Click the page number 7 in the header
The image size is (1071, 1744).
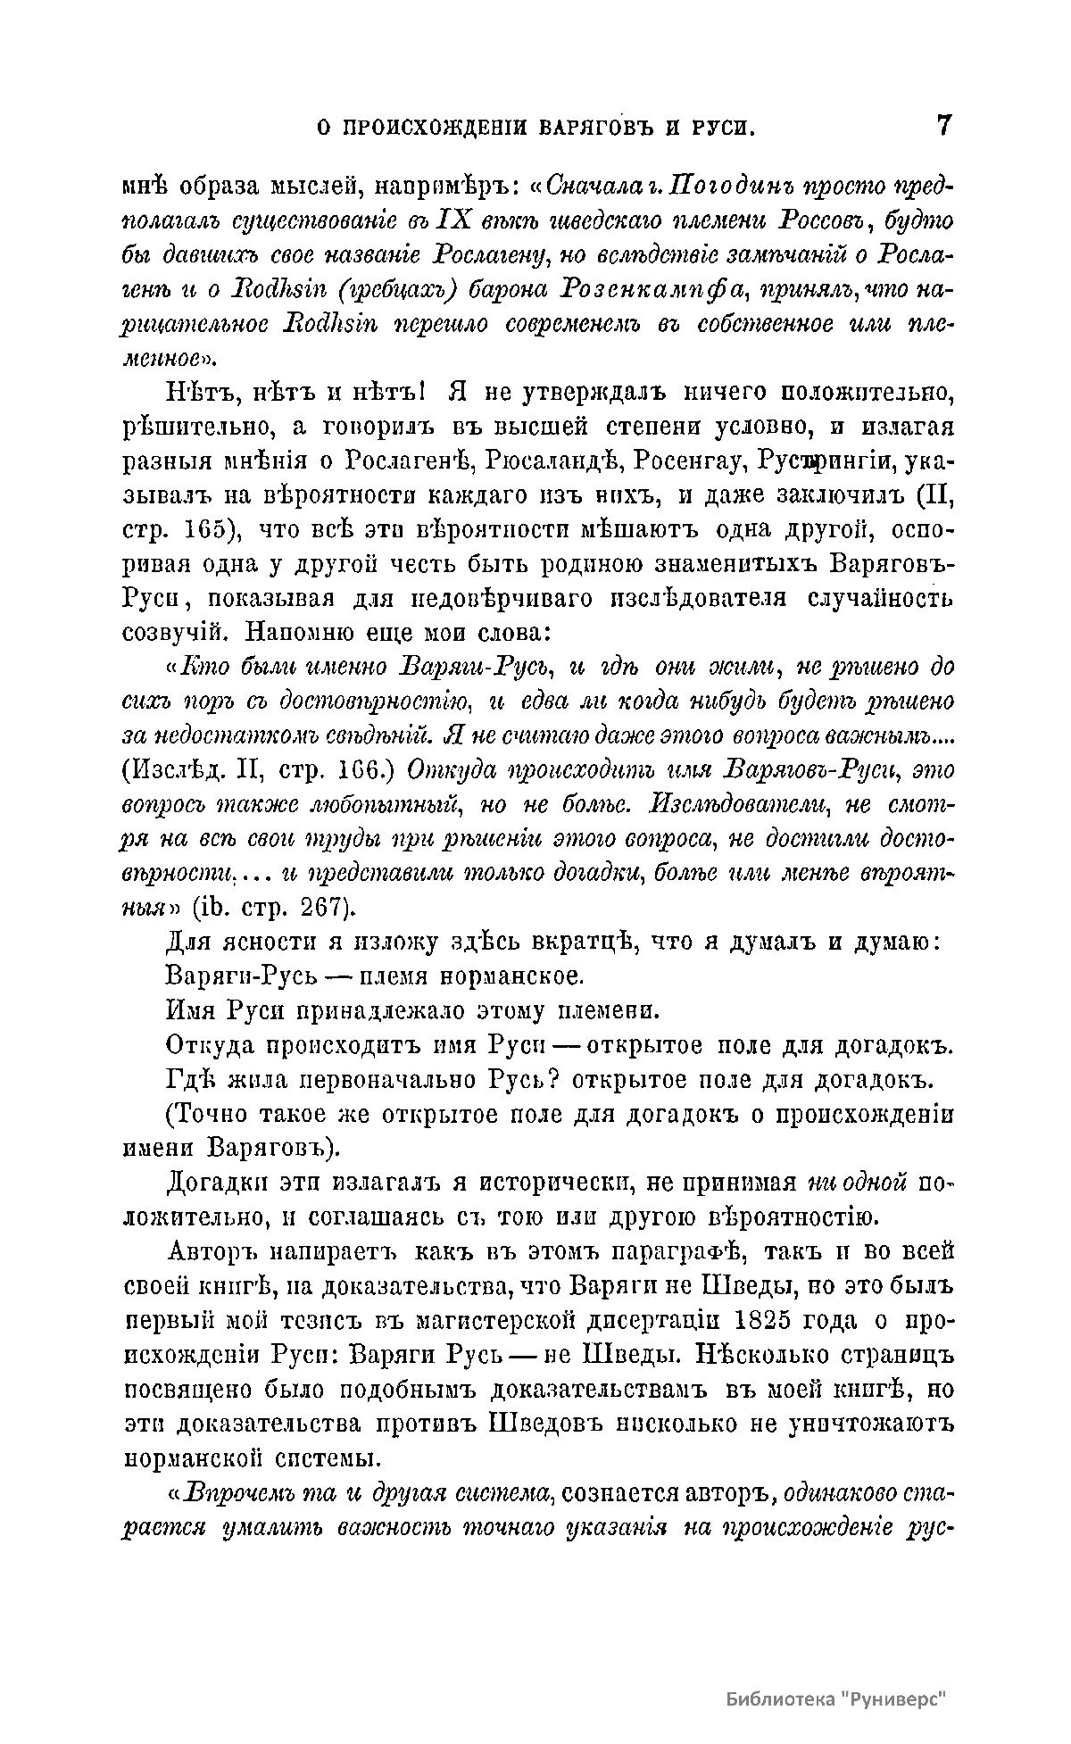943,125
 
